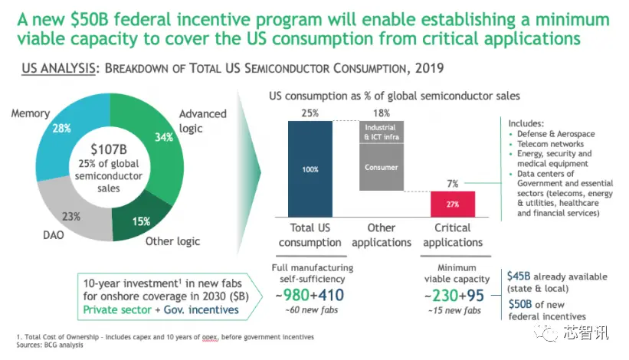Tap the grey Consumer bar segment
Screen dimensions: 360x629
pos(381,168)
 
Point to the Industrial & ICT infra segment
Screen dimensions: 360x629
pos(381,132)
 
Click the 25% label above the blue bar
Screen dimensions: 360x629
pos(310,113)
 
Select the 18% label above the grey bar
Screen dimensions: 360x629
pos(381,113)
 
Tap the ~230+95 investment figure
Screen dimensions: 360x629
pos(454,295)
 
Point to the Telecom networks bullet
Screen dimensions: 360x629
pos(547,143)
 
